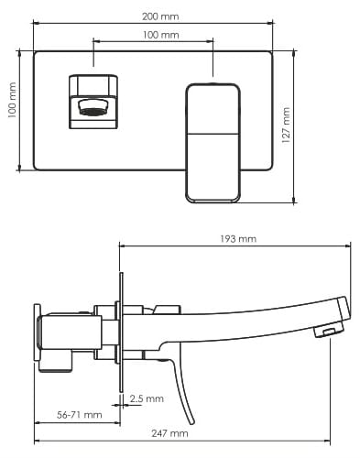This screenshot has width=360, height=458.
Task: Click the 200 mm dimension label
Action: [x=160, y=16]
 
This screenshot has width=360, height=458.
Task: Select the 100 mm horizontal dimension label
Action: [x=161, y=35]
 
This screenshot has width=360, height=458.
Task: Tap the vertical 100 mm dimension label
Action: [x=12, y=100]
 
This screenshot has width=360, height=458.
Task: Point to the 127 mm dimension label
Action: [x=286, y=125]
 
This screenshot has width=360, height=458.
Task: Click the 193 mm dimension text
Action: [x=238, y=238]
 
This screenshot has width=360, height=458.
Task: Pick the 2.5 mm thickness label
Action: [x=147, y=398]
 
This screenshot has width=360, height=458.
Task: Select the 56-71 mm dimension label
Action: [x=80, y=415]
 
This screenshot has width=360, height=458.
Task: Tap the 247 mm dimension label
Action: [x=169, y=433]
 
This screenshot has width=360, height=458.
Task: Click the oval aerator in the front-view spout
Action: [x=93, y=108]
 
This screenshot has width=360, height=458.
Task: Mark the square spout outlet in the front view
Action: [x=93, y=102]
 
